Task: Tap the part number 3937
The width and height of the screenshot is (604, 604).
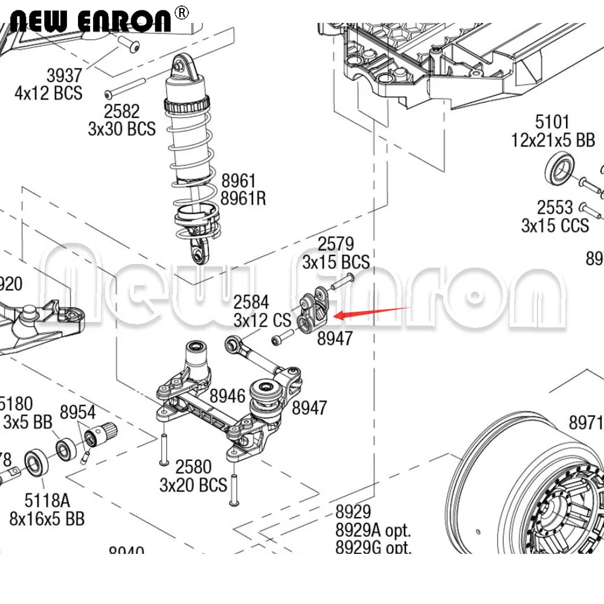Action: pyautogui.click(x=64, y=75)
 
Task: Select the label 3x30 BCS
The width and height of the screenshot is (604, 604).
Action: pyautogui.click(x=121, y=129)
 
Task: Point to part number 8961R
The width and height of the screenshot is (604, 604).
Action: pyautogui.click(x=243, y=198)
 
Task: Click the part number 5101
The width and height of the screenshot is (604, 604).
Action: pyautogui.click(x=552, y=123)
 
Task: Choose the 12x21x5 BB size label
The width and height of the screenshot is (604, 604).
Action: pyautogui.click(x=553, y=141)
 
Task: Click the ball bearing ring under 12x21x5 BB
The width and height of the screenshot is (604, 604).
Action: pyautogui.click(x=560, y=167)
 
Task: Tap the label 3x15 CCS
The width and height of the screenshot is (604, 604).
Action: pyautogui.click(x=554, y=225)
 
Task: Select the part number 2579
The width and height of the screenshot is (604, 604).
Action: pyautogui.click(x=335, y=244)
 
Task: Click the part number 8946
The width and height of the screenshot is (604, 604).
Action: pyautogui.click(x=228, y=396)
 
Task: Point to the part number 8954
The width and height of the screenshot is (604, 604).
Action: pyautogui.click(x=77, y=413)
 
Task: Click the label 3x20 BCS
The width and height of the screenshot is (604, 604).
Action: pyautogui.click(x=193, y=484)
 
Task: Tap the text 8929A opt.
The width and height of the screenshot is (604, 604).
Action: pyautogui.click(x=373, y=530)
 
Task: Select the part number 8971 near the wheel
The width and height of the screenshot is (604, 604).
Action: pyautogui.click(x=585, y=421)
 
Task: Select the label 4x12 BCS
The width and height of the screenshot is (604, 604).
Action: pyautogui.click(x=48, y=93)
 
